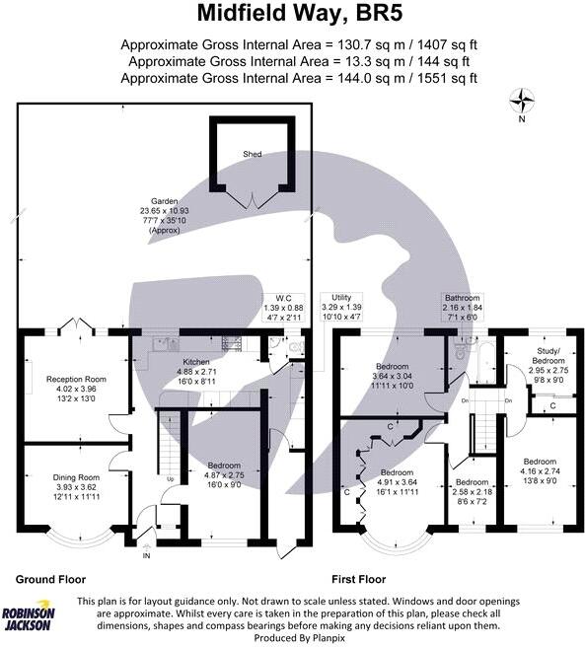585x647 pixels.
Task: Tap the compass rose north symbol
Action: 522,99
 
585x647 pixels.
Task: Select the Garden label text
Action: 151,201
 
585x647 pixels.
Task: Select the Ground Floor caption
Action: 50,580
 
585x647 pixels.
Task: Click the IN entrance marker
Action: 148,554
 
